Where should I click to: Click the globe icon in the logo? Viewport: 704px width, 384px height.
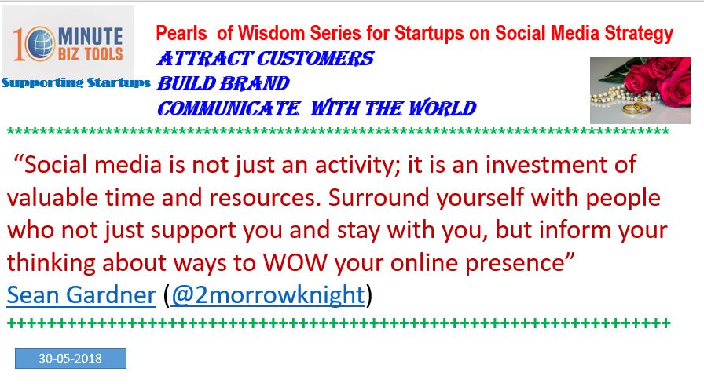click(38, 44)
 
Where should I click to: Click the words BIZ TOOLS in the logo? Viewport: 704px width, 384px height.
click(90, 54)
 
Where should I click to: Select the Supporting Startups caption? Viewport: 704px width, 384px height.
click(75, 82)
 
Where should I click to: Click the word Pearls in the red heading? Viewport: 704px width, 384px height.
click(181, 33)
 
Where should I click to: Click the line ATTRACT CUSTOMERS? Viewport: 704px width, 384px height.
click(266, 59)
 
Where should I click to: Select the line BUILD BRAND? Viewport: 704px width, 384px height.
click(223, 83)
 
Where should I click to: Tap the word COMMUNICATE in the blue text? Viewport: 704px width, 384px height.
click(229, 108)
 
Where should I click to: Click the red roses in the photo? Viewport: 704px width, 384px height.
click(658, 79)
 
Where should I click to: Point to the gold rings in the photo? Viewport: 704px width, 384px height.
click(635, 108)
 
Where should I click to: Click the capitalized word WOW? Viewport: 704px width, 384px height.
click(295, 262)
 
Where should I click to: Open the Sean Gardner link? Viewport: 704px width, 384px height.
click(81, 294)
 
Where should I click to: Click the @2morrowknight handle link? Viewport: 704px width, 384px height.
click(268, 294)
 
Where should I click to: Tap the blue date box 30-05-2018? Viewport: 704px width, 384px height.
click(71, 358)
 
